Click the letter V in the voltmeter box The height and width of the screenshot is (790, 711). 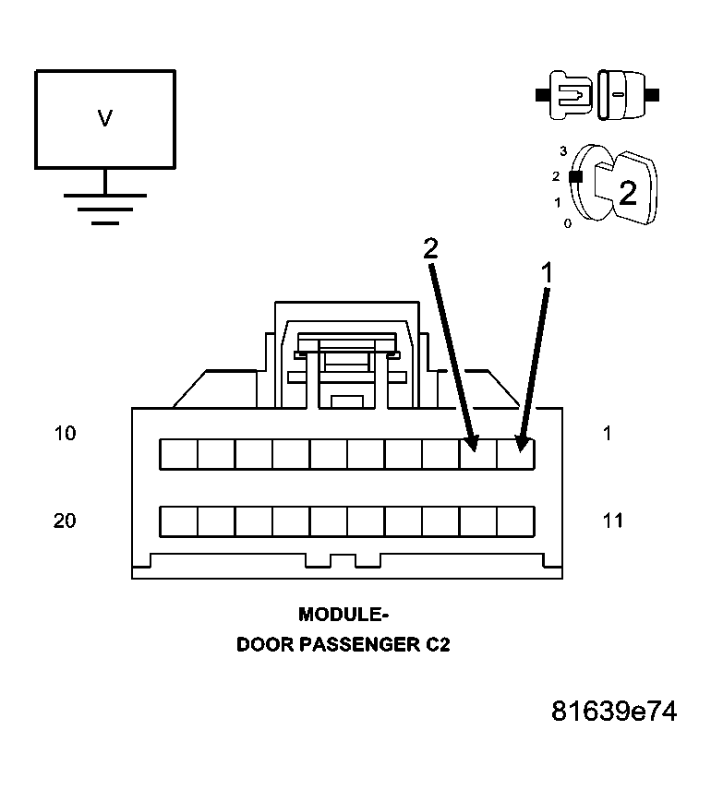tap(104, 118)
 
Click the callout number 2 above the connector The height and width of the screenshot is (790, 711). tap(429, 247)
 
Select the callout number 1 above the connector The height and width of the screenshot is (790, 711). tap(547, 272)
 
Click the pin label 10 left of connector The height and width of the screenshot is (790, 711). tap(65, 433)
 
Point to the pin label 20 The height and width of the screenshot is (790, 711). tap(65, 521)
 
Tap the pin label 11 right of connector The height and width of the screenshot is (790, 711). tap(612, 521)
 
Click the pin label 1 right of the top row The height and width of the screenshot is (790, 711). tap(607, 433)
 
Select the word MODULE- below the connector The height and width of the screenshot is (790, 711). tap(343, 615)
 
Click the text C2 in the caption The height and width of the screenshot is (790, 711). tap(437, 645)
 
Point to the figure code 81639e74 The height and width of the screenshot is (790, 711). tap(614, 712)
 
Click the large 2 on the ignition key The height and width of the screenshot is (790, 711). tap(627, 193)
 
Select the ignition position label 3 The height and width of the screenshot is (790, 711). tap(562, 150)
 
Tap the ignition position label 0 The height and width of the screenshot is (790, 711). tap(567, 223)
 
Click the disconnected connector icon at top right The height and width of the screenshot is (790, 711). tap(597, 94)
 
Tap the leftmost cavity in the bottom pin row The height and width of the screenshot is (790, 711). tap(178, 521)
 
